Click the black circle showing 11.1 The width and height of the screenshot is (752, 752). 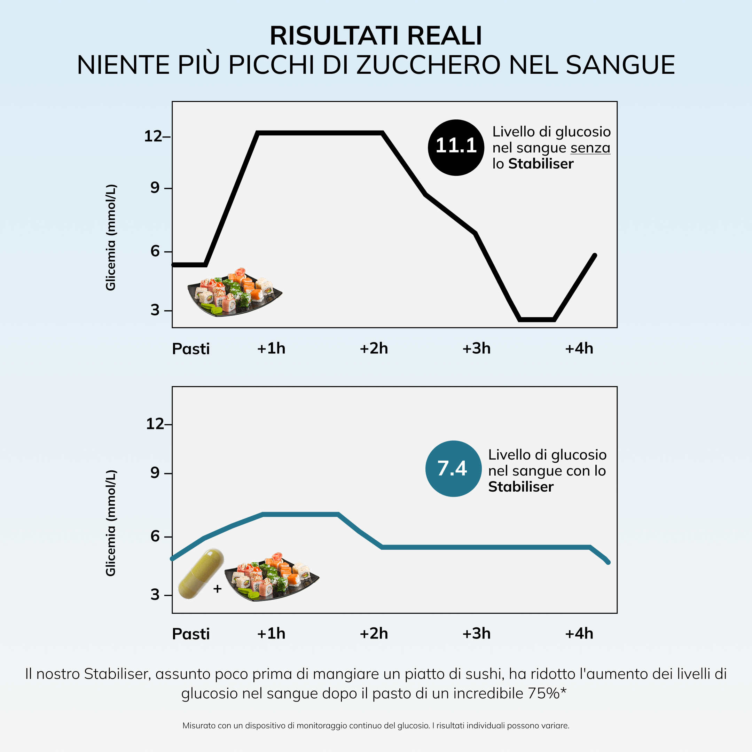pyautogui.click(x=456, y=147)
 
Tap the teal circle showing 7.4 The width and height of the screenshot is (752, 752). pyautogui.click(x=453, y=468)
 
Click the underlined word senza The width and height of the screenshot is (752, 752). pyautogui.click(x=590, y=148)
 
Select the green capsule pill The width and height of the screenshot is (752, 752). pyautogui.click(x=201, y=574)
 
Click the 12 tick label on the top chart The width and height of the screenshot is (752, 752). pyautogui.click(x=153, y=136)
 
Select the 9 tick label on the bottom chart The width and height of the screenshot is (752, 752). pyautogui.click(x=155, y=472)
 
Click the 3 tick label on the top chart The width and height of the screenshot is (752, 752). pyautogui.click(x=155, y=310)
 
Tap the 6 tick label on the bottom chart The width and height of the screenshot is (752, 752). pyautogui.click(x=155, y=536)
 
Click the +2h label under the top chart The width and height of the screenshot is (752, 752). pyautogui.click(x=374, y=348)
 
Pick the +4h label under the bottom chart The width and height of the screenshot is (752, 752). pyautogui.click(x=579, y=634)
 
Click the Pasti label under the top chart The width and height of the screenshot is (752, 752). pyautogui.click(x=191, y=349)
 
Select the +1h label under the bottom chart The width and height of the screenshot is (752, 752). pyautogui.click(x=271, y=634)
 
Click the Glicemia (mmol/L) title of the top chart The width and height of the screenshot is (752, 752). pyautogui.click(x=111, y=237)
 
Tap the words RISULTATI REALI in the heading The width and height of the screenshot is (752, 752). pyautogui.click(x=376, y=36)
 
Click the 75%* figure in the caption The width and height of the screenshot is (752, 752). pyautogui.click(x=547, y=693)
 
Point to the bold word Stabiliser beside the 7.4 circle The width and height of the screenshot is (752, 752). pyautogui.click(x=520, y=487)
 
